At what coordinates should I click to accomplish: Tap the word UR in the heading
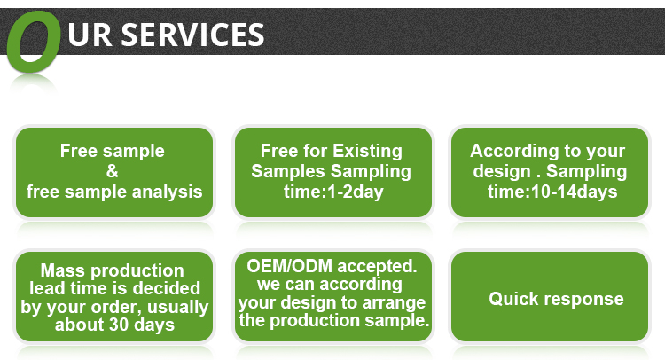point(90,35)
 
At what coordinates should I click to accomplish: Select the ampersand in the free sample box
point(113,171)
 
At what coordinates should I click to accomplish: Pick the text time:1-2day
point(333,191)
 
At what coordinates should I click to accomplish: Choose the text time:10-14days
point(552,191)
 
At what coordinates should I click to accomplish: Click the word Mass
point(60,270)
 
